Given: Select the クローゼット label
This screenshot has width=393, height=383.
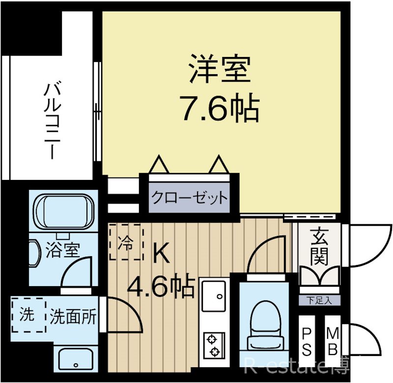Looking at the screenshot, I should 189,198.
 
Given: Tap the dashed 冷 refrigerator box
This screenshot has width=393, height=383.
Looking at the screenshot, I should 126,242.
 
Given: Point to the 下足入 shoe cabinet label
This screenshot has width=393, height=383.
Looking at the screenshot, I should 319,300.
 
